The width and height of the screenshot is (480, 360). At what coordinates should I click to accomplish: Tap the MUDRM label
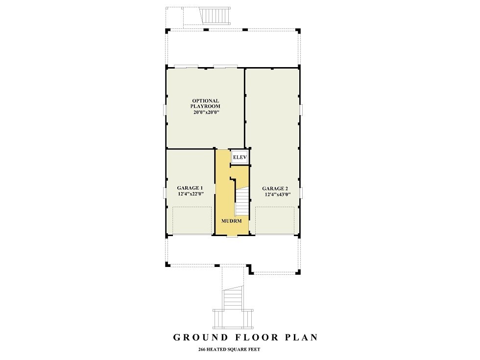coord(230,221)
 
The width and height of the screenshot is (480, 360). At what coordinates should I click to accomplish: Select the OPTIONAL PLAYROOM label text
coord(205,103)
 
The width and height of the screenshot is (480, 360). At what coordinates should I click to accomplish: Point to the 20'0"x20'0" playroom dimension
coord(205,112)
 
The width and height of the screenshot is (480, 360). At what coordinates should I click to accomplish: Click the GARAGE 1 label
coord(190,188)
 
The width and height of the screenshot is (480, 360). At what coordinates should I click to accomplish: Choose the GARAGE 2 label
coord(275,188)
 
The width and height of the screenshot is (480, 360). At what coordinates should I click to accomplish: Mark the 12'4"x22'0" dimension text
coord(190,194)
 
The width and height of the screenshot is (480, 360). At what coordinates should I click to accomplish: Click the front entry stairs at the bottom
coord(233,299)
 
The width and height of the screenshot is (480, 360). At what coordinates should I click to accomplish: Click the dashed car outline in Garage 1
coord(192,220)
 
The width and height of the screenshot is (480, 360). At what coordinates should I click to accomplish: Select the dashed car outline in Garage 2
coord(274,220)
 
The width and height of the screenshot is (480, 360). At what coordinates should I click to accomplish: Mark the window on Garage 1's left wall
coord(165,192)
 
